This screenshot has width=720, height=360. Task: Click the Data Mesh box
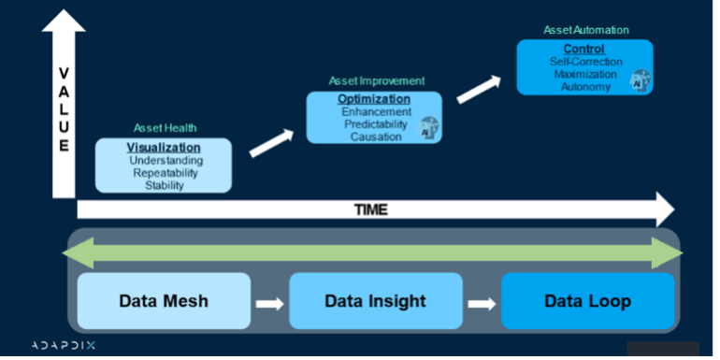pos(164,301)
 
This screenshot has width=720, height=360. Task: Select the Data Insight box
pos(375,301)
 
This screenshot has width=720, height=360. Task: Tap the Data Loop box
pos(587,301)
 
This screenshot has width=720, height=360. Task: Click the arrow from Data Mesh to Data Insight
pos(269,302)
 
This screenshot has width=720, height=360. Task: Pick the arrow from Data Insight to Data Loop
pos(482,302)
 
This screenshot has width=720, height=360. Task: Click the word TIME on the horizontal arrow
pos(371,209)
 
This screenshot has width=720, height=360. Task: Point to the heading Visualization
pos(164,148)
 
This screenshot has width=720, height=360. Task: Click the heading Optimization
pos(375,98)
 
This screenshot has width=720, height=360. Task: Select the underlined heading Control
pos(583,49)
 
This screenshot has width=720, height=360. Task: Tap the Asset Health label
pos(164,128)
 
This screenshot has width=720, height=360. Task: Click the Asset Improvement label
pos(376,81)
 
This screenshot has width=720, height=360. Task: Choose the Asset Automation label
pos(584,30)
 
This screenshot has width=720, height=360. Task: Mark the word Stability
pos(164,185)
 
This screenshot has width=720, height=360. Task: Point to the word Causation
pos(375,137)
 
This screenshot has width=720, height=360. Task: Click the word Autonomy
pos(585,87)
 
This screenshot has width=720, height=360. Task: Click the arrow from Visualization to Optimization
pos(270,142)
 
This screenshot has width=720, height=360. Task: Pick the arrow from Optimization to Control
pos(478,89)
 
